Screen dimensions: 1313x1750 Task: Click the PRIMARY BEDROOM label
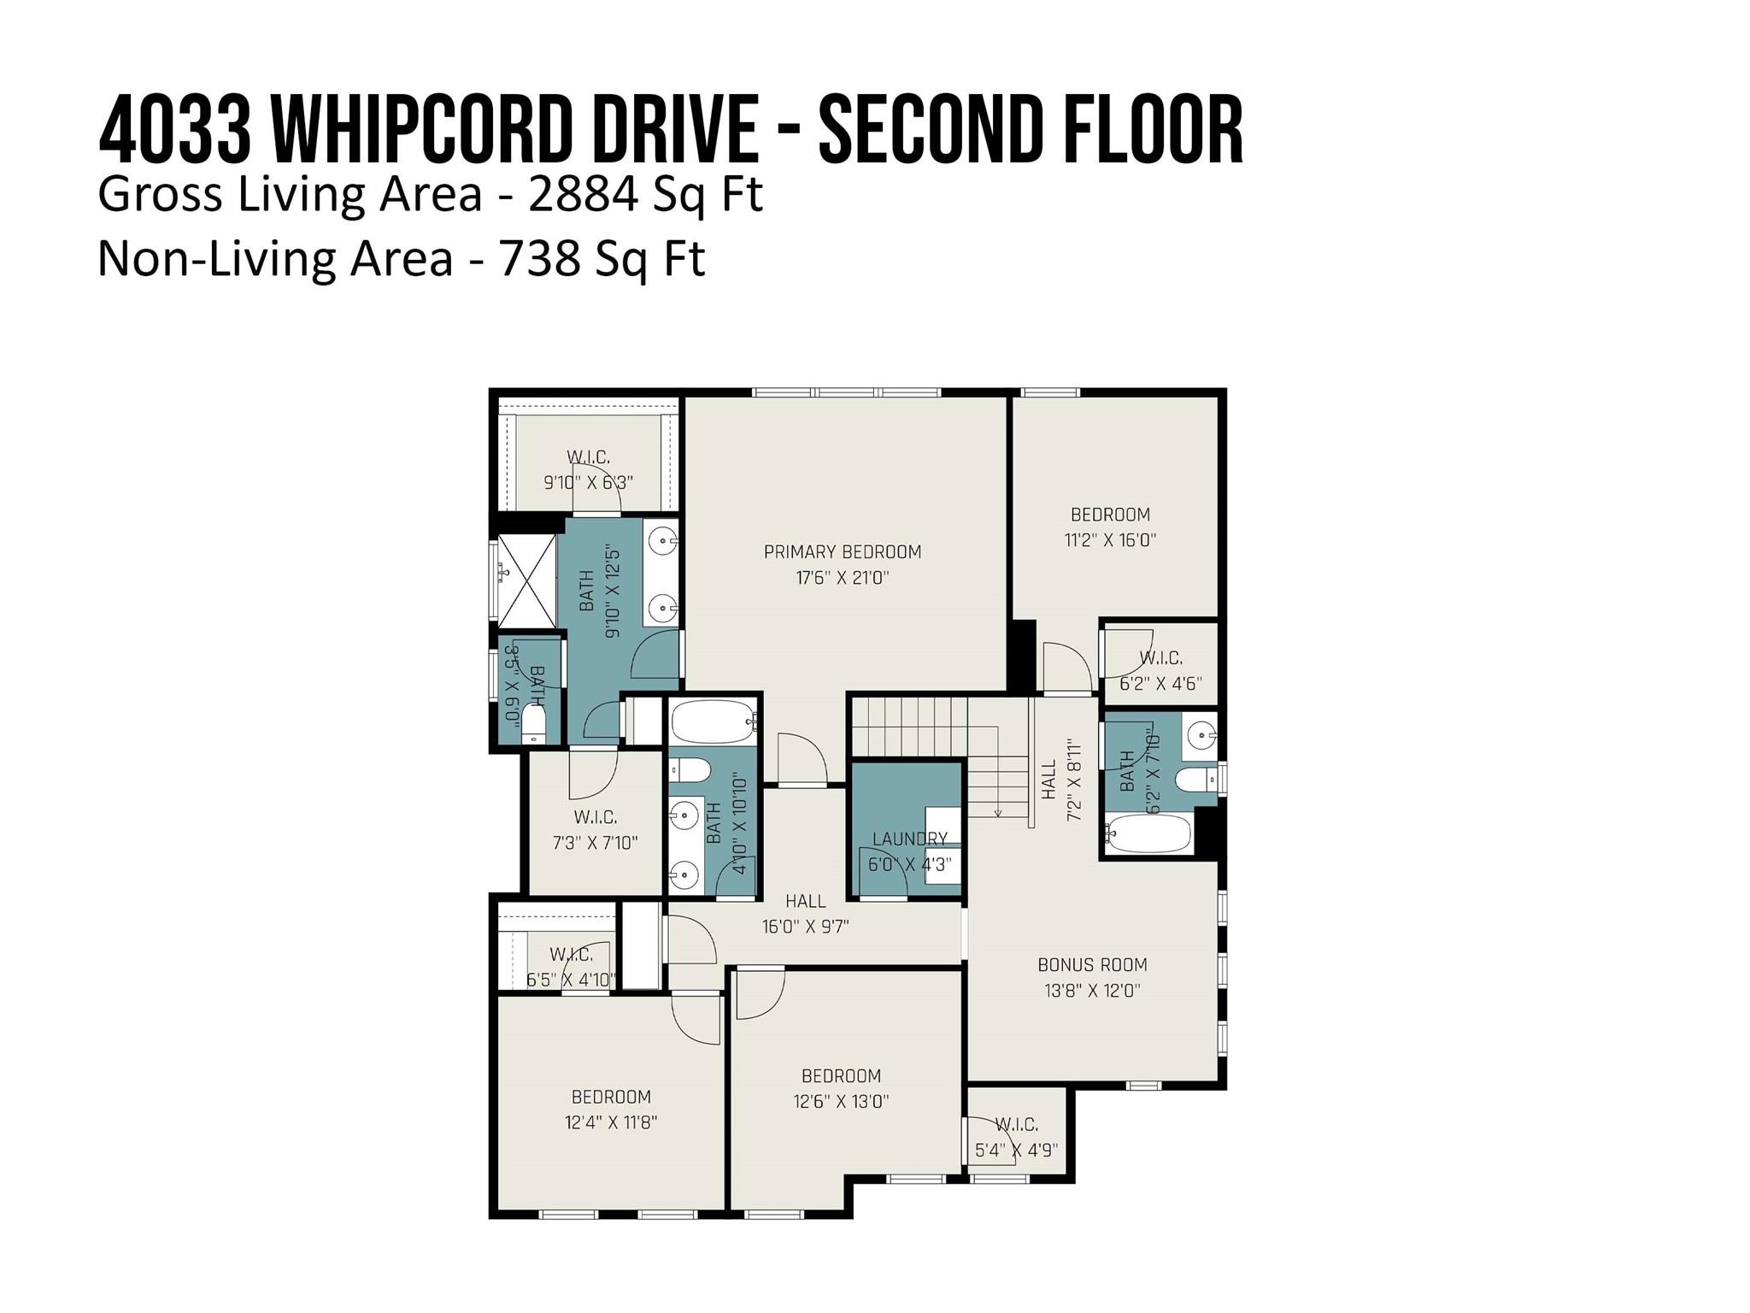(843, 552)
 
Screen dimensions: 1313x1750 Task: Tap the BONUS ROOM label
(1092, 965)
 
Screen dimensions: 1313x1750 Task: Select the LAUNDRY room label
(909, 839)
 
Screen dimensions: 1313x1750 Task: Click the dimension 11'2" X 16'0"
(1110, 540)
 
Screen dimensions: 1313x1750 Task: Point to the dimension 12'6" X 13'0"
(841, 1102)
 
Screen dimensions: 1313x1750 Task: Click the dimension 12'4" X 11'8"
(611, 1122)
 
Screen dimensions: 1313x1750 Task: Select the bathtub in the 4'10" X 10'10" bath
(714, 722)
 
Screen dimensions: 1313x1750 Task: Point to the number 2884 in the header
(584, 195)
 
